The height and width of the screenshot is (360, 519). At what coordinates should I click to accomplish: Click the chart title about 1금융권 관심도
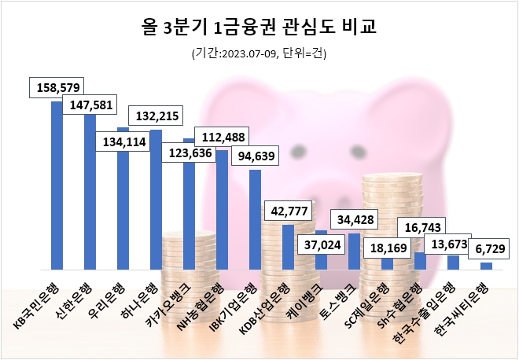point(259,28)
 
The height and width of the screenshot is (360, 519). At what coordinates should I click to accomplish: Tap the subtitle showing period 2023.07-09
point(259,54)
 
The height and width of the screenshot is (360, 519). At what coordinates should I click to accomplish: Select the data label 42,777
point(289,211)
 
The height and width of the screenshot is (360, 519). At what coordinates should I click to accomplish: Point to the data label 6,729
point(487,249)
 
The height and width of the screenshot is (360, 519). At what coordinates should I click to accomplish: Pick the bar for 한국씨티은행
point(486,266)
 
